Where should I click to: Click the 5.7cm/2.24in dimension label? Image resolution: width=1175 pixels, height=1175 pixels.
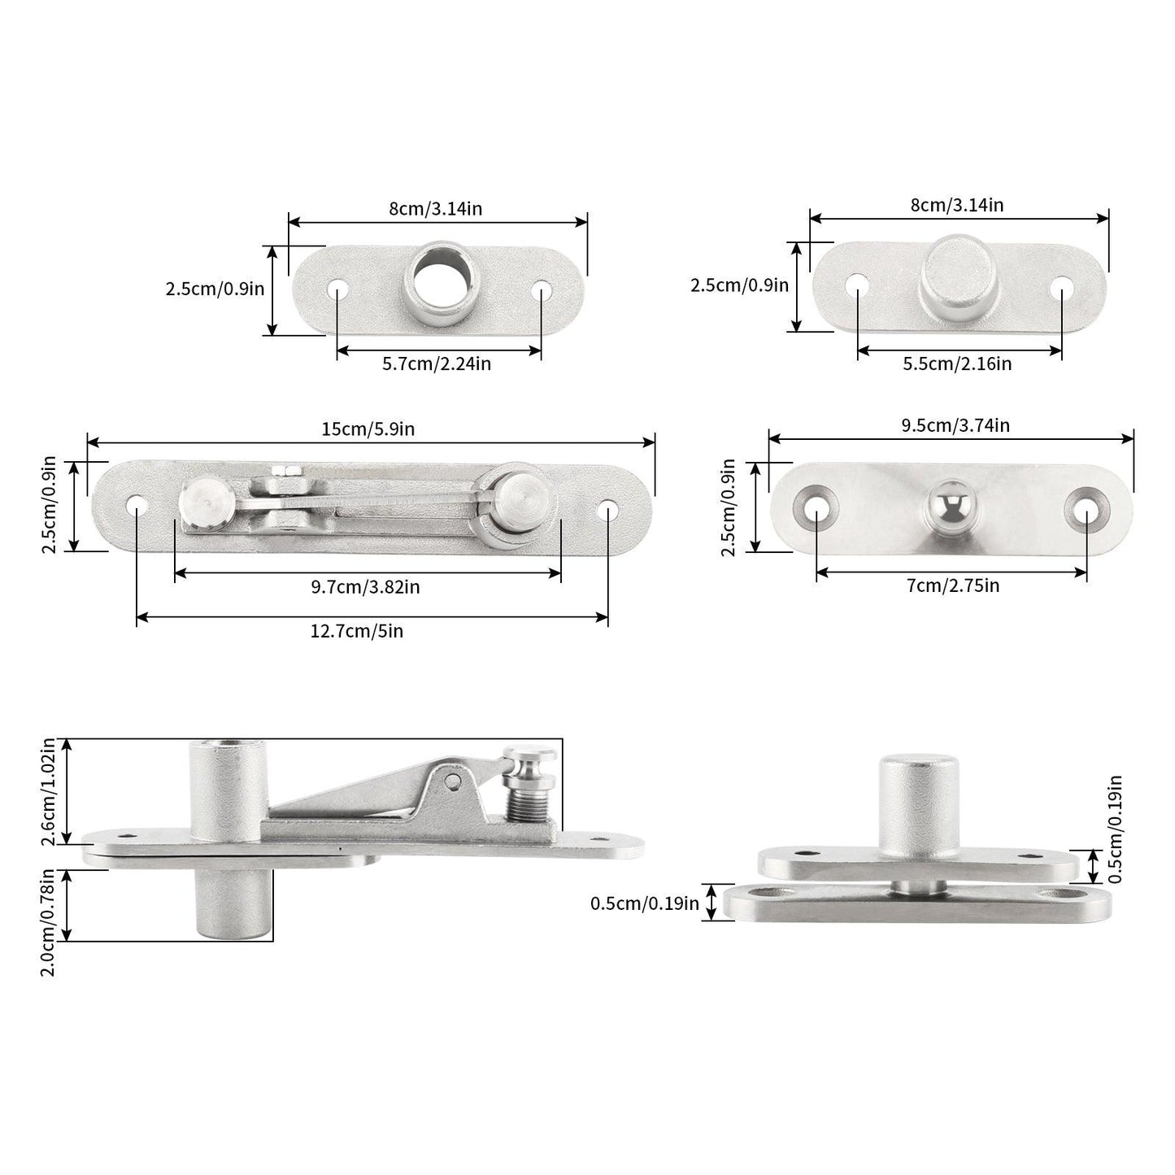point(436,364)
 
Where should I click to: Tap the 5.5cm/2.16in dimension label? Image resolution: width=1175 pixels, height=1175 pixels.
point(957,364)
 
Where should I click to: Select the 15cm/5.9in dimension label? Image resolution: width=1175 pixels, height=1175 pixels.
point(368,429)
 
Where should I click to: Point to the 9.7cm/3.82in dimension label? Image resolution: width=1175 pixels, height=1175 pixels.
point(364,587)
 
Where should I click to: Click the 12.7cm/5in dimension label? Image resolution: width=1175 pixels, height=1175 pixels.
point(357,630)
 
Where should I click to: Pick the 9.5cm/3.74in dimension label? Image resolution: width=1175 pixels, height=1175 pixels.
point(955,425)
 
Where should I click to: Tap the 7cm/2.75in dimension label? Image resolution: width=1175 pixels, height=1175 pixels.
point(952,586)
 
